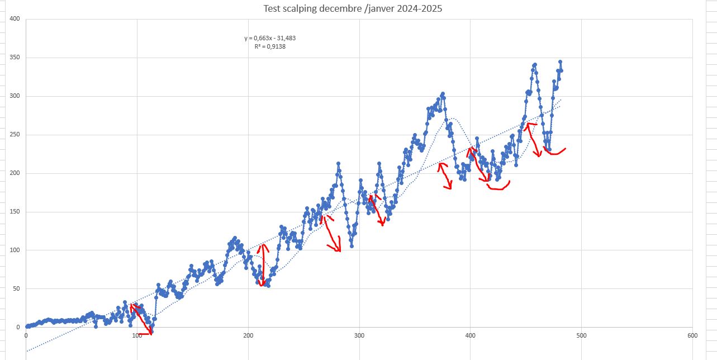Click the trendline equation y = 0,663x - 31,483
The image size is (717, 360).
pyautogui.click(x=270, y=38)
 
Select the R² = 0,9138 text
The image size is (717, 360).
pyautogui.click(x=270, y=46)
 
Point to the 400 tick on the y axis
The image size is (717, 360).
pyautogui.click(x=15, y=18)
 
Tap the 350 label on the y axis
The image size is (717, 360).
pyautogui.click(x=15, y=58)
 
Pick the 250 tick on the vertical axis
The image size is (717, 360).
pyautogui.click(x=15, y=135)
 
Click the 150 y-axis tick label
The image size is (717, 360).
pyautogui.click(x=15, y=212)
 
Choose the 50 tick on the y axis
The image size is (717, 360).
pyautogui.click(x=16, y=288)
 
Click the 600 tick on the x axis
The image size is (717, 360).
pyautogui.click(x=692, y=335)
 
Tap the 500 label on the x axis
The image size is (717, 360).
pyautogui.click(x=581, y=335)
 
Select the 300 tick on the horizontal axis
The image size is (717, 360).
pyautogui.click(x=359, y=335)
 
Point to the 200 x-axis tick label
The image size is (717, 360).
pyautogui.click(x=248, y=335)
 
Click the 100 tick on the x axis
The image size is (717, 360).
pyautogui.click(x=137, y=335)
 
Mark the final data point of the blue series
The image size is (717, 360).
pyautogui.click(x=562, y=71)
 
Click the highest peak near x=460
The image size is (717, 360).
pyautogui.click(x=535, y=65)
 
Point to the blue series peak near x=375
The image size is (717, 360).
pyautogui.click(x=443, y=94)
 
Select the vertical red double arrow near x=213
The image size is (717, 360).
pyautogui.click(x=263, y=265)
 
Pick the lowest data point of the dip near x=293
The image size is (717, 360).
pyautogui.click(x=352, y=247)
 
